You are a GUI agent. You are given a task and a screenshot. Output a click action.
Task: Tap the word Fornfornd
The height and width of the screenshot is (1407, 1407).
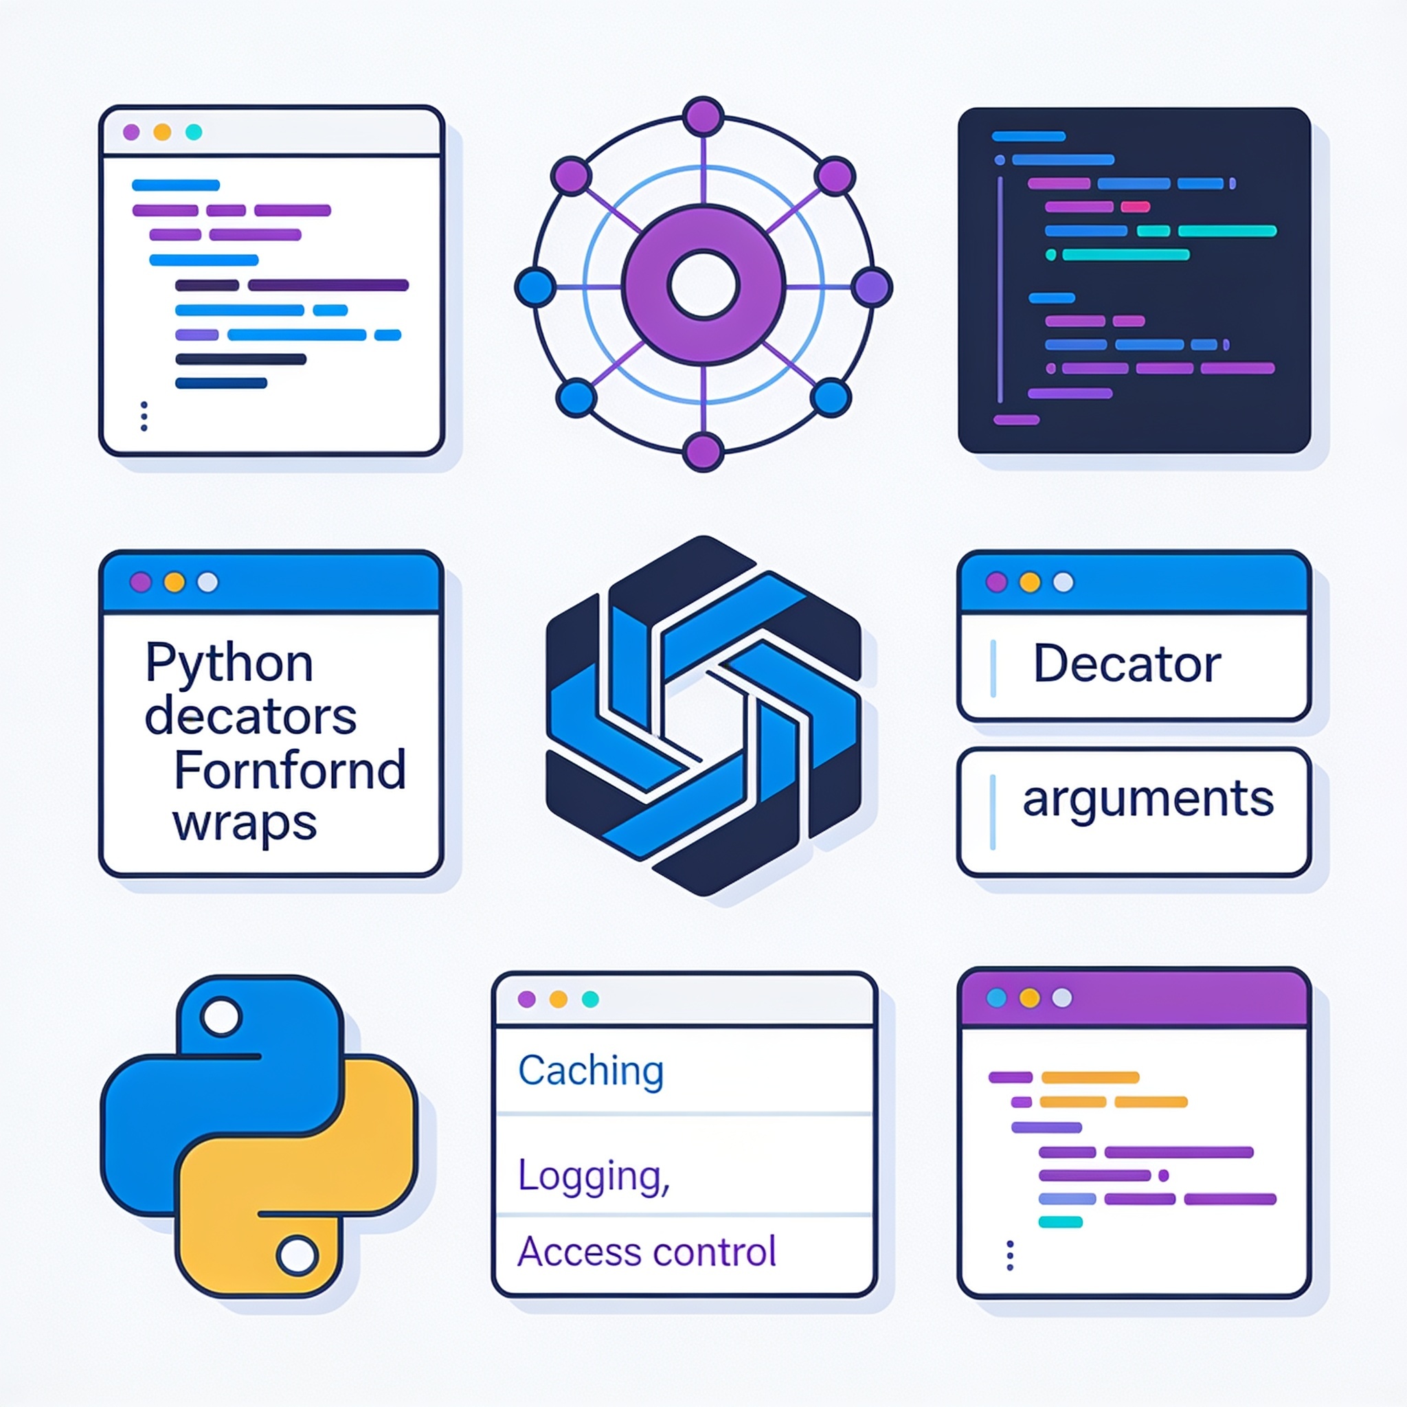pos(290,769)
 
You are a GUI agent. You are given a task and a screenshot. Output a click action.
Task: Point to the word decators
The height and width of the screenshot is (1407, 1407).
pos(251,716)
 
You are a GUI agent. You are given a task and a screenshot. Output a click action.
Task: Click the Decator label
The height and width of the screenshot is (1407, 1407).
pos(1127,664)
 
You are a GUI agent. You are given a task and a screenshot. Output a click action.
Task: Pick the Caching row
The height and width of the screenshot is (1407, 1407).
pos(591,1070)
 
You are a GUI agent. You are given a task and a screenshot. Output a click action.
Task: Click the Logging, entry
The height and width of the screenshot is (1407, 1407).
pos(594,1176)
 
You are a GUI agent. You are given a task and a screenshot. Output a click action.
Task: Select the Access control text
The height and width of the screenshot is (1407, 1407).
pos(646,1252)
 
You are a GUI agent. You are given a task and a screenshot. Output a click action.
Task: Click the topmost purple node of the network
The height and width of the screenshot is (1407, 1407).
pos(703,117)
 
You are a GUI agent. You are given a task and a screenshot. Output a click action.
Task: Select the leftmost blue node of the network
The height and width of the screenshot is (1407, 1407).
pos(536,286)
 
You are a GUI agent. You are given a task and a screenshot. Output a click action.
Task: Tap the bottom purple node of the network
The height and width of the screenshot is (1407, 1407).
pos(703,451)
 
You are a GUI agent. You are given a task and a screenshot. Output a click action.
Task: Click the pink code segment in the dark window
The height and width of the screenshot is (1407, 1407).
pos(1135,207)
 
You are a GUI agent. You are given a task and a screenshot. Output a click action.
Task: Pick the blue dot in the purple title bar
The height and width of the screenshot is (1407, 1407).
pos(996,998)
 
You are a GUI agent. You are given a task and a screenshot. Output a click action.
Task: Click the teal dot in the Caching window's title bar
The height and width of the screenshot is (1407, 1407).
pos(590,999)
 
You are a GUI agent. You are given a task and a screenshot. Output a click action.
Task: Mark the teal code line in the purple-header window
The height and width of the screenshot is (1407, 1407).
pos(1060,1222)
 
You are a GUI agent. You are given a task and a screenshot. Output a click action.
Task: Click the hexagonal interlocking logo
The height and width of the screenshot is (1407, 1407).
pos(703,716)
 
